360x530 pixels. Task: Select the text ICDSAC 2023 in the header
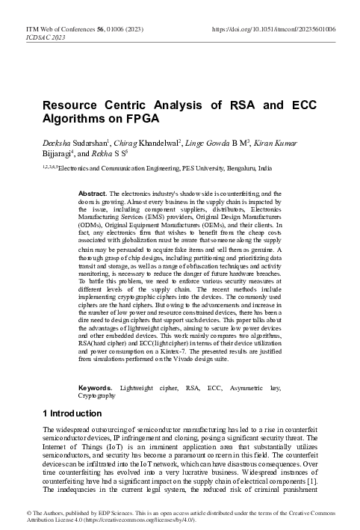point(25,35)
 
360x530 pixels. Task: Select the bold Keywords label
point(96,388)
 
